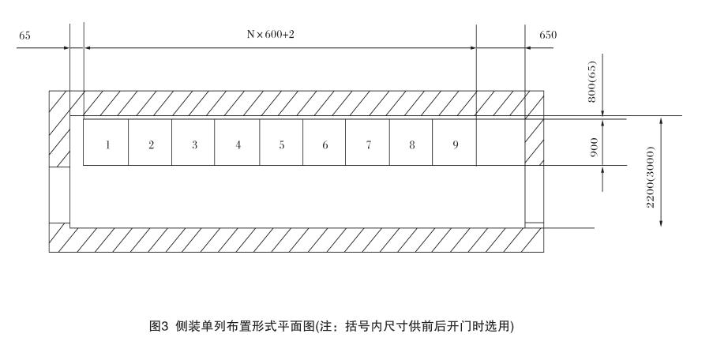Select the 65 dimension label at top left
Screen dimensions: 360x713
(x=25, y=36)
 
